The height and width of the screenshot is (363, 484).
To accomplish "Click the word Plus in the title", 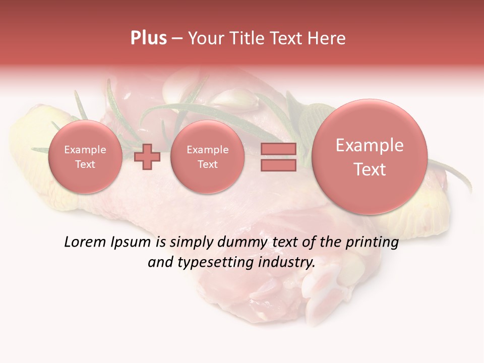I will [148, 38].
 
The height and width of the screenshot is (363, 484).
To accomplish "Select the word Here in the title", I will [327, 38].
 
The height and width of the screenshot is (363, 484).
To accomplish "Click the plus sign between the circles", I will [147, 156].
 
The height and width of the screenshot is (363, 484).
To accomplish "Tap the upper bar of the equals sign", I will [278, 149].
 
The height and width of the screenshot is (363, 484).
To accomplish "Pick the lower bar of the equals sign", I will [278, 165].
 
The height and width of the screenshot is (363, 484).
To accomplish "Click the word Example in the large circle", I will [370, 145].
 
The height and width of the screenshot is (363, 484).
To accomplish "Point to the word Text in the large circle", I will [370, 169].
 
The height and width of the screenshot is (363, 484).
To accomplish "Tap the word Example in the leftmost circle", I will [85, 150].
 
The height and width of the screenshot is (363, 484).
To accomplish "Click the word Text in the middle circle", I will [207, 164].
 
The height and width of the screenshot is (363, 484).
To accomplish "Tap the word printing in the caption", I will [372, 243].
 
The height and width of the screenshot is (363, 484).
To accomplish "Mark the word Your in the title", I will [204, 38].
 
